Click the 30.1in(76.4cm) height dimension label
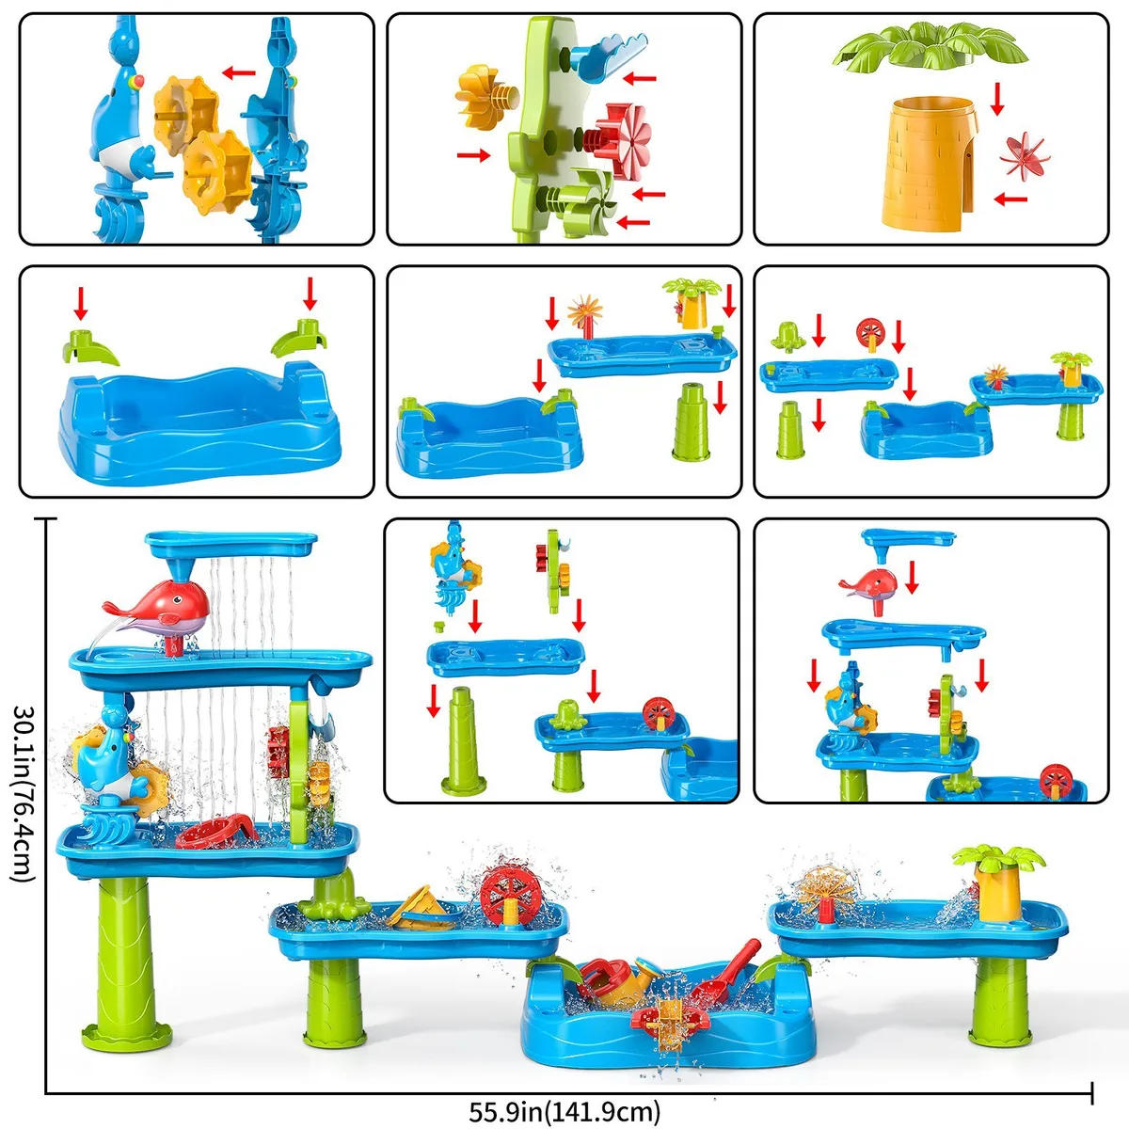[25, 794]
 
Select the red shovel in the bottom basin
[725, 971]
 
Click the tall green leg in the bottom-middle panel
[464, 740]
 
